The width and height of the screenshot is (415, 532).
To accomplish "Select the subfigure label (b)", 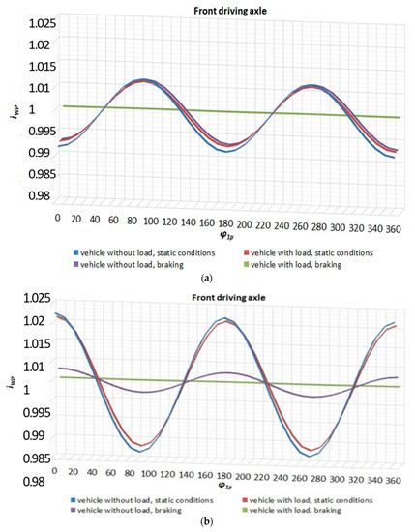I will point(207,523).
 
